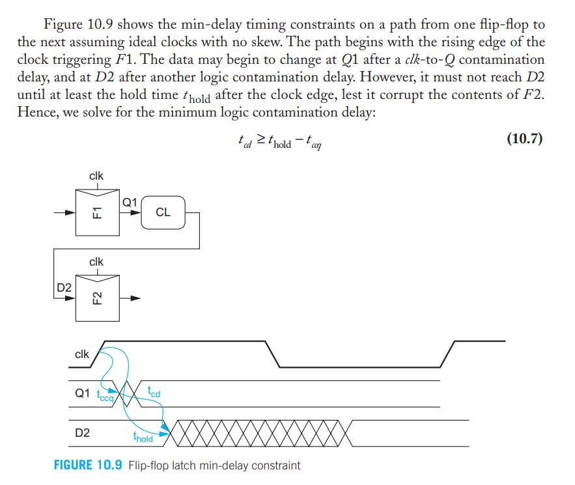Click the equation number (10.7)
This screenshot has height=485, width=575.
pos(524,139)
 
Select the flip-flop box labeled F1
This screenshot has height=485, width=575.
pos(96,212)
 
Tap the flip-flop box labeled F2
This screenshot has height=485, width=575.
pos(96,298)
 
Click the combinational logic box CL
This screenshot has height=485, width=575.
pos(163,212)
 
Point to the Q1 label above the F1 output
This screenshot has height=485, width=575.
pos(130,202)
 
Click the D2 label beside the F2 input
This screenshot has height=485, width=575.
pos(63,287)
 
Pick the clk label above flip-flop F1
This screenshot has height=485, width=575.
pos(96,176)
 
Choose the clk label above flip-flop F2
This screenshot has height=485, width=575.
pos(96,262)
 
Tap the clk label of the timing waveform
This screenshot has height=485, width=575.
pos(82,355)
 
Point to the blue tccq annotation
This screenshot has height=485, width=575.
pos(104,395)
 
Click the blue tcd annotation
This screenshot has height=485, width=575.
pos(154,392)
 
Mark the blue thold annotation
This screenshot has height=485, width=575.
pos(143,438)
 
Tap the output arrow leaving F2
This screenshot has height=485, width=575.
pos(133,298)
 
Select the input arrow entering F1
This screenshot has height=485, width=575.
pos(65,212)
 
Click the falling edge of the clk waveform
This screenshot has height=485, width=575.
pos(273,354)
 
